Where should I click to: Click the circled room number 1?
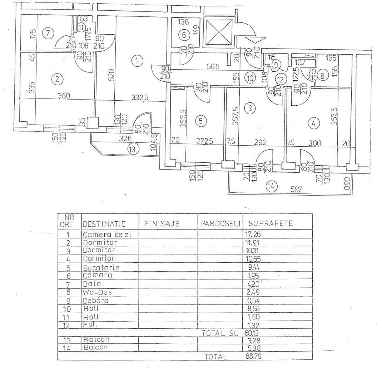point(137,61)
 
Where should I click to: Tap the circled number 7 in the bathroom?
point(48,34)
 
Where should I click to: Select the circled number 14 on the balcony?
point(272,186)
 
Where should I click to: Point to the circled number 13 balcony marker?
point(133,150)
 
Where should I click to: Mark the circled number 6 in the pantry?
point(184,35)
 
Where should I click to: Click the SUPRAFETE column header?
point(271,224)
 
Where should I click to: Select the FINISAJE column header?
point(162,224)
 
